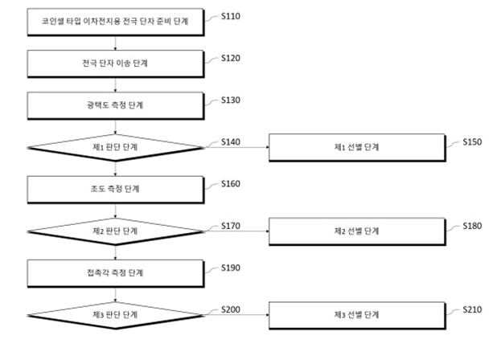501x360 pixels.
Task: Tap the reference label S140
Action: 231,141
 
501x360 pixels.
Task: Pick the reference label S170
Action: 231,226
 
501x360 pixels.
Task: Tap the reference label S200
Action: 231,309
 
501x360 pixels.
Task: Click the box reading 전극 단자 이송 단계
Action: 116,63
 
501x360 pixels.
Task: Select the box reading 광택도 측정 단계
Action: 116,104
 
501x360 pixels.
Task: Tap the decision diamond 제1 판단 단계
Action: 116,147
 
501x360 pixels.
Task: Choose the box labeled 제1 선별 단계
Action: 356,147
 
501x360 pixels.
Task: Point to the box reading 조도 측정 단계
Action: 116,189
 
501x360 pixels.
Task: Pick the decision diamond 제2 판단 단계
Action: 116,231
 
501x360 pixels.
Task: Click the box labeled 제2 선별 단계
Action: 356,231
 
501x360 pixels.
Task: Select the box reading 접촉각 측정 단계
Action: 116,273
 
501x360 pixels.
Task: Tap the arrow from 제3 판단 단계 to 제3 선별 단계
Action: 236,315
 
